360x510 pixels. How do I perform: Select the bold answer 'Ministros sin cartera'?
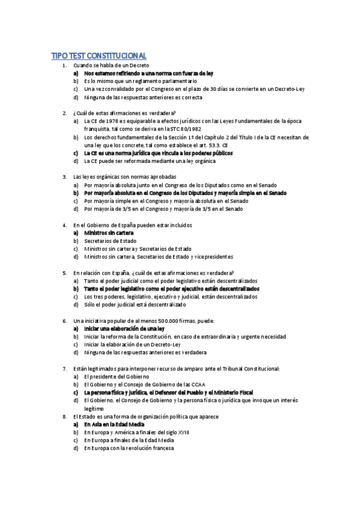pos(109,233)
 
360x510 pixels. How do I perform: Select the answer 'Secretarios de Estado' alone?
pos(110,241)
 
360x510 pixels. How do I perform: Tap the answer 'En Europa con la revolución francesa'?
pos(129,447)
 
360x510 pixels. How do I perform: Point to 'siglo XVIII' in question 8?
pos(177,432)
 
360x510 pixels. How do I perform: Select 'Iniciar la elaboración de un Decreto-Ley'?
pos(132,345)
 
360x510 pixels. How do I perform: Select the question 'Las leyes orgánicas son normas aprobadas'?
pos(124,177)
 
